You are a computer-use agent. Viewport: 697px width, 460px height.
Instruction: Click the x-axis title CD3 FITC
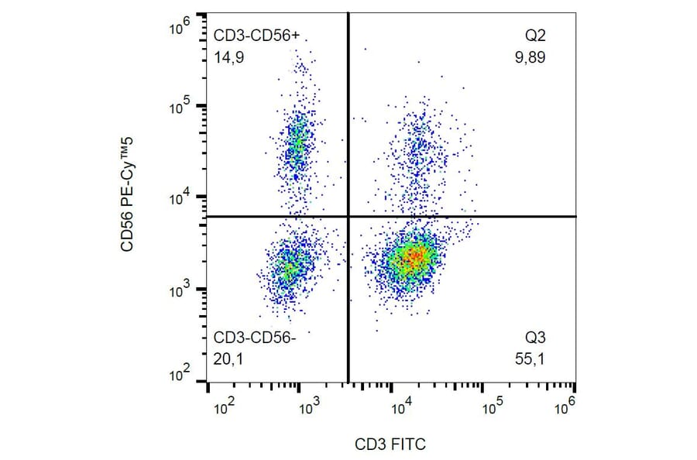click(390, 445)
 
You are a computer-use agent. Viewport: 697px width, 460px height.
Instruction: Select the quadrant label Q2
click(535, 36)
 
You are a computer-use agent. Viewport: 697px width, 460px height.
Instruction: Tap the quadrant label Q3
click(535, 338)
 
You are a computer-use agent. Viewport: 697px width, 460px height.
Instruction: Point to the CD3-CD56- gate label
click(255, 338)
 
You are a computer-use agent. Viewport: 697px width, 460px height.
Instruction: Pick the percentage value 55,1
click(534, 358)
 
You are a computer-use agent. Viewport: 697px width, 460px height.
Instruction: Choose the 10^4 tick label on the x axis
click(400, 405)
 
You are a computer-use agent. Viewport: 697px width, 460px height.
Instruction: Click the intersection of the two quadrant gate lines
click(347, 216)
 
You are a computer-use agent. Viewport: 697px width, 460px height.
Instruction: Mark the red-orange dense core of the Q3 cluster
click(415, 256)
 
